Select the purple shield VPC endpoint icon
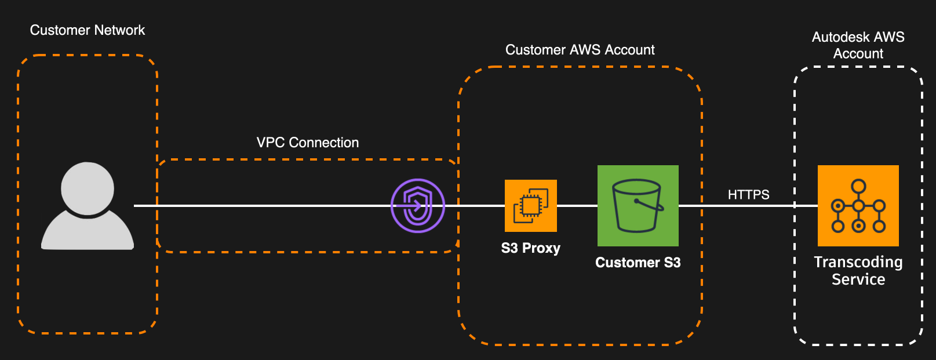tap(417, 206)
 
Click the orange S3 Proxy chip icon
tap(530, 206)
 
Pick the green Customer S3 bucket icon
tap(638, 206)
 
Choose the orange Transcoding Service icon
tap(858, 206)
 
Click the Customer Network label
tap(88, 30)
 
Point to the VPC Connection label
tap(308, 143)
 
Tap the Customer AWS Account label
tap(580, 50)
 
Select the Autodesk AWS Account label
tap(858, 45)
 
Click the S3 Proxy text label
tap(530, 248)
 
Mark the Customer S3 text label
tap(638, 263)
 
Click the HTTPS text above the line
tap(748, 195)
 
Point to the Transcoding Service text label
tap(858, 271)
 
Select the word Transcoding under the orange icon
tap(858, 262)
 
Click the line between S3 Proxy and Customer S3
tap(577, 206)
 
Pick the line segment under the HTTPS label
tap(748, 206)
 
